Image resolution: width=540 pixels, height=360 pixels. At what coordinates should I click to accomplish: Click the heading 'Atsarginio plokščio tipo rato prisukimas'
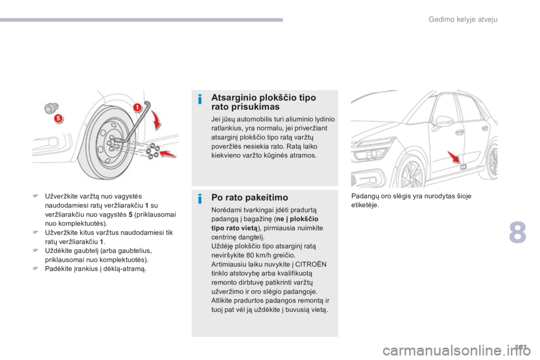pos(263,102)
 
